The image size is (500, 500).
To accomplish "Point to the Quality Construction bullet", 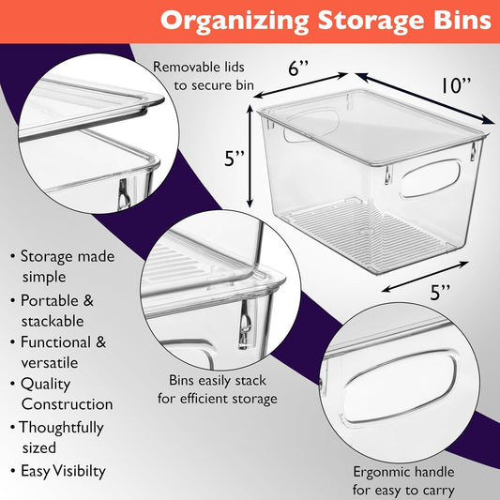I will point(66,394).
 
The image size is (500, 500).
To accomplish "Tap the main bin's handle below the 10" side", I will point(429,179).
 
